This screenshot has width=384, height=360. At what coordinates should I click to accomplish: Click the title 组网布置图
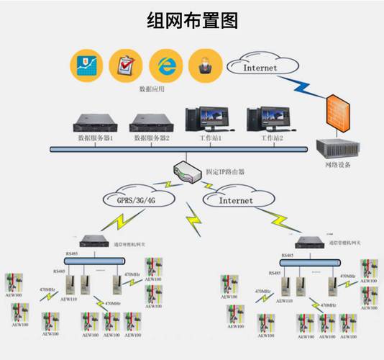click(x=192, y=19)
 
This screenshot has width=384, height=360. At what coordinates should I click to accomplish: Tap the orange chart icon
click(x=85, y=66)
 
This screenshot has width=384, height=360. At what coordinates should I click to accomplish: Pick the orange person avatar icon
click(x=204, y=66)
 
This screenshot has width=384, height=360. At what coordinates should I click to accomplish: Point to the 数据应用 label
click(x=152, y=90)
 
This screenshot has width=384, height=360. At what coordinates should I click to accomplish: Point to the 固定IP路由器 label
click(x=226, y=172)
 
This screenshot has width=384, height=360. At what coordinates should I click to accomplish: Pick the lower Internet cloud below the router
click(x=236, y=200)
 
